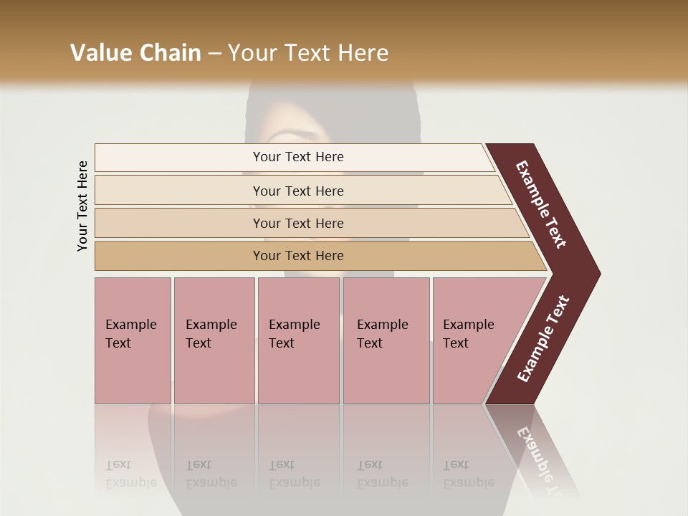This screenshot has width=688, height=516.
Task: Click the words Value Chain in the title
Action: (x=135, y=53)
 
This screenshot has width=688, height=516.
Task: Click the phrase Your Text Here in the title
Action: (x=308, y=53)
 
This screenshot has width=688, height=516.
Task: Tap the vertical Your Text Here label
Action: (x=82, y=206)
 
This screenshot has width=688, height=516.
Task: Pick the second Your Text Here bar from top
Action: (x=298, y=191)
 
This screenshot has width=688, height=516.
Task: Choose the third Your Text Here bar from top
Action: (x=298, y=223)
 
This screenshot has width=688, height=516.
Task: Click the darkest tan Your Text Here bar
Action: (x=298, y=256)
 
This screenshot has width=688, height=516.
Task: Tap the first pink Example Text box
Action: (x=133, y=340)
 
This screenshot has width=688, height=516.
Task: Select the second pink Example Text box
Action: (x=214, y=340)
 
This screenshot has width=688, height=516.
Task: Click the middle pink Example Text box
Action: (x=298, y=340)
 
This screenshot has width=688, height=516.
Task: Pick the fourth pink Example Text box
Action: (x=386, y=340)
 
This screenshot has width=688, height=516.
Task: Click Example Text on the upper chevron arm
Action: (x=541, y=204)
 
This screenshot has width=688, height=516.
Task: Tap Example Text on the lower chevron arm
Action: (x=543, y=339)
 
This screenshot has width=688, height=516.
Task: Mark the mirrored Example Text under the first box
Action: (x=130, y=474)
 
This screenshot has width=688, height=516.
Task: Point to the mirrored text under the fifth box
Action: (x=469, y=474)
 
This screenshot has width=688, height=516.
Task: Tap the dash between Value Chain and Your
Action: (x=214, y=54)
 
